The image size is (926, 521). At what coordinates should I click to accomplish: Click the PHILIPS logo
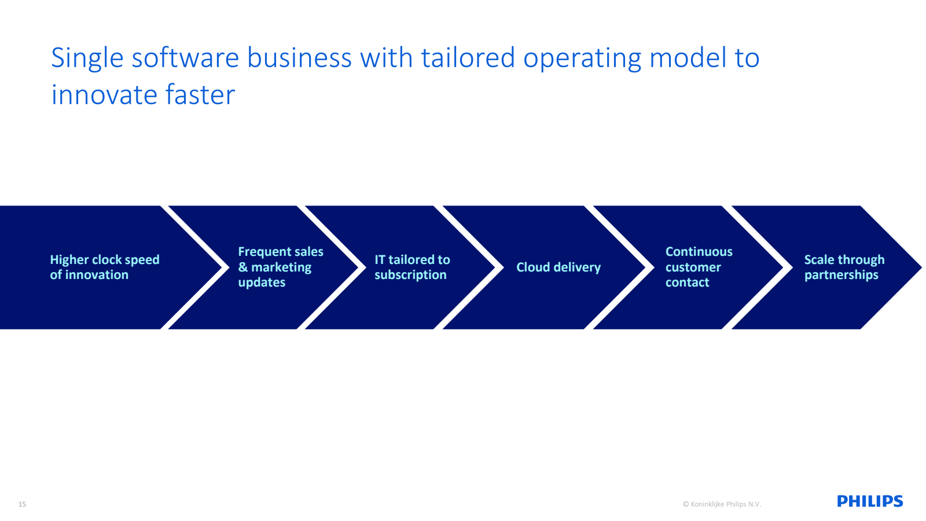tap(870, 501)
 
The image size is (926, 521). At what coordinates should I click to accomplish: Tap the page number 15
tap(23, 504)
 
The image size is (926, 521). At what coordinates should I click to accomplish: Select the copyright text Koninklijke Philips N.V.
tap(722, 504)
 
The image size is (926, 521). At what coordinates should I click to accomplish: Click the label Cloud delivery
tap(558, 267)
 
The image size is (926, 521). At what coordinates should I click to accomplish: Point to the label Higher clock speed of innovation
tap(105, 267)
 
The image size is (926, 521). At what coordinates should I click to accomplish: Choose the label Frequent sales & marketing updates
tap(281, 267)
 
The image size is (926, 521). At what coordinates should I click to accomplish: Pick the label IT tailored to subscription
tap(412, 267)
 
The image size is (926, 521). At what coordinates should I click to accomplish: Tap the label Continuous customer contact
tap(699, 267)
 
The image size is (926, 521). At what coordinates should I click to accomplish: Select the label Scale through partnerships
tap(844, 267)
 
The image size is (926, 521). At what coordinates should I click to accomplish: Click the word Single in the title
tap(87, 58)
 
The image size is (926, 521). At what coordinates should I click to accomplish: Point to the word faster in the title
tap(200, 95)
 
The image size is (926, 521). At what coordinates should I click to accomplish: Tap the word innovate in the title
tap(104, 95)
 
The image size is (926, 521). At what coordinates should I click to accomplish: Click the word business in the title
tap(299, 57)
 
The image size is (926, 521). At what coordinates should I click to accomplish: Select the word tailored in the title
tap(468, 57)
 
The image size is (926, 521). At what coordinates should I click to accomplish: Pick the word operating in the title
tap(582, 58)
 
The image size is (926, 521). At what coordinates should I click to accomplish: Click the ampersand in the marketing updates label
tap(242, 267)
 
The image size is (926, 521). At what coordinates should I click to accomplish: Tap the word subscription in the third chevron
tap(410, 275)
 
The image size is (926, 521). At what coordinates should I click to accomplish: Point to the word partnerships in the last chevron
tap(842, 275)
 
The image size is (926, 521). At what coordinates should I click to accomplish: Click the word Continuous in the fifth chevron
tap(699, 251)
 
